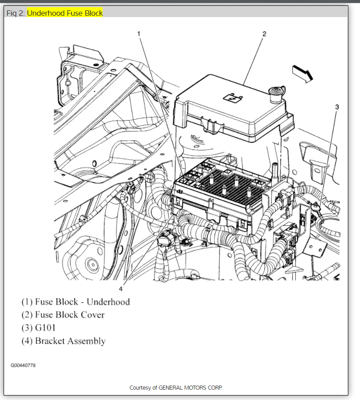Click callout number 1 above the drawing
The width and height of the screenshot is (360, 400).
point(139,34)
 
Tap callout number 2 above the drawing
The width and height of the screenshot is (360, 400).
point(264,34)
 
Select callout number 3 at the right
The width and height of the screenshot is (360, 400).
point(337,107)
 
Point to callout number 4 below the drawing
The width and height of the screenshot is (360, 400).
point(121,288)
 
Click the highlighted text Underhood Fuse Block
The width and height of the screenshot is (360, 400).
point(65,13)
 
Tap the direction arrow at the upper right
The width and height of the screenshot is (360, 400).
point(302,73)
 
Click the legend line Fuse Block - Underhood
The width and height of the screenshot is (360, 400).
point(76,301)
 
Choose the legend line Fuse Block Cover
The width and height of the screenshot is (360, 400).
point(63,315)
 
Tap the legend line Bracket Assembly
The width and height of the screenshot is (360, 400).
point(63,341)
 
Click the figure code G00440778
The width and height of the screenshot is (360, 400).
point(23,365)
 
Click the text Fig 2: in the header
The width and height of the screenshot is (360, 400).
point(16,13)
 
